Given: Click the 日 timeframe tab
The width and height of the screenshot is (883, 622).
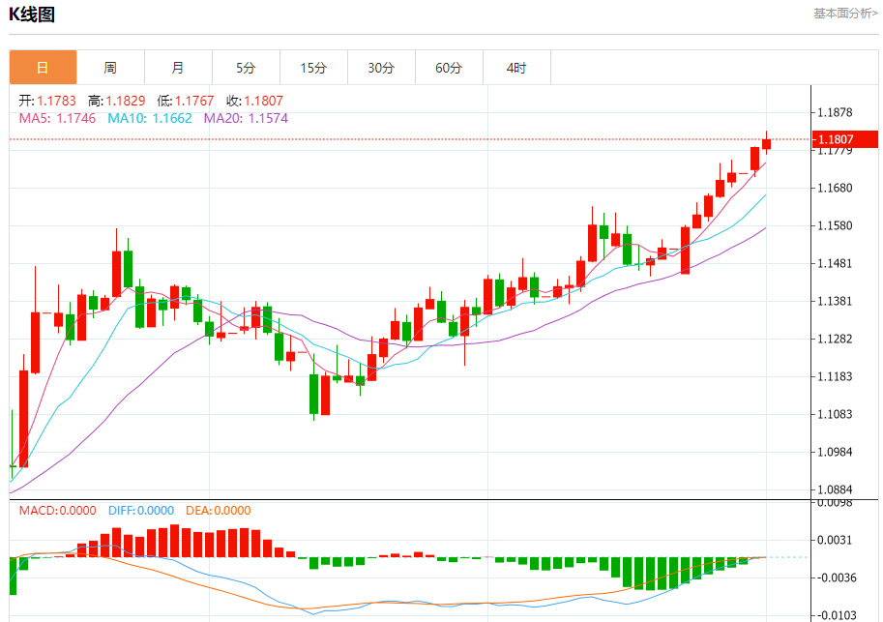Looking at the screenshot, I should pos(43,68).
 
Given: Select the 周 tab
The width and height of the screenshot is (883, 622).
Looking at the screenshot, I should pos(110,68).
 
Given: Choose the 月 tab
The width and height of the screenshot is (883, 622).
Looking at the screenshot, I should pos(178,68).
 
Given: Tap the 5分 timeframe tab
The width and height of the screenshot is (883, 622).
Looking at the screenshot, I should pos(246,68).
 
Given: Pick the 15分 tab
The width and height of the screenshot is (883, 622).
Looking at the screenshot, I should pos(313,68).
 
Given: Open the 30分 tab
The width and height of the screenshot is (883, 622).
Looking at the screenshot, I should pos(381,68).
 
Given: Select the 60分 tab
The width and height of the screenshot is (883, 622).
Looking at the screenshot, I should pos(449,68).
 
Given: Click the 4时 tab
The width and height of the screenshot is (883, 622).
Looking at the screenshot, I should pos(516,68).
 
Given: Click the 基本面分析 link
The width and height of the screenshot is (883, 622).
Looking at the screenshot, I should pos(845,14).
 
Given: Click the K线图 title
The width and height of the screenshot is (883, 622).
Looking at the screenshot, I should pos(32,15).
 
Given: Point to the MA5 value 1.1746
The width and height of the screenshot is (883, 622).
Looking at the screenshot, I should pos(76,118).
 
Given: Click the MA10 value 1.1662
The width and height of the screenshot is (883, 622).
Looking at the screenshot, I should pos(172,118).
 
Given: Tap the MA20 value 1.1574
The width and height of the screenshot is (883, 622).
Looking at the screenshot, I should pos(268,118).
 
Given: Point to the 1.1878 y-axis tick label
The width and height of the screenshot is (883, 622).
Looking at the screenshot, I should pos(834,112).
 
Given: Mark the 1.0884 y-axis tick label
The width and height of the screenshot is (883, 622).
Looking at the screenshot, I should pos(834,489).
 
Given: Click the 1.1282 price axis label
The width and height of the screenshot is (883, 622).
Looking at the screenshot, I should pos(834,339).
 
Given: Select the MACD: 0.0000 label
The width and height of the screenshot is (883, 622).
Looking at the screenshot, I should pos(58,511).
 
